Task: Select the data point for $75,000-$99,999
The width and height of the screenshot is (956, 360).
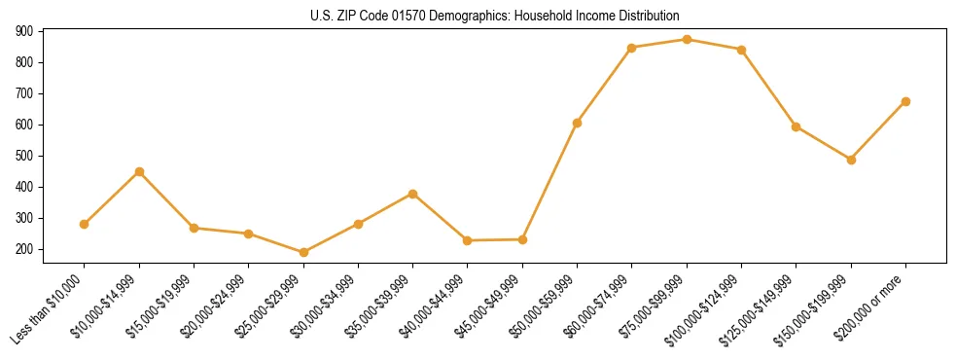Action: [x=687, y=40]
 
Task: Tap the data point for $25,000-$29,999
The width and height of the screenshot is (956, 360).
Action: [x=303, y=252]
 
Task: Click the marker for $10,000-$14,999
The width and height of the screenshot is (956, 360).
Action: [x=139, y=171]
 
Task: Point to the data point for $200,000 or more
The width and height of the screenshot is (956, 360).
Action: [x=905, y=101]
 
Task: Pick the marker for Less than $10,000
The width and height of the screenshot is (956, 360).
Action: [x=85, y=224]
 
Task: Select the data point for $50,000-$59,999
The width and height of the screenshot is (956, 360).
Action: [x=577, y=123]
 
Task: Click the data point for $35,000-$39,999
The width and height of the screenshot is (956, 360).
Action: [x=412, y=194]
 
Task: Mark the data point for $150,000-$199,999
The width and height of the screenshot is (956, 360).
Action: [x=851, y=160]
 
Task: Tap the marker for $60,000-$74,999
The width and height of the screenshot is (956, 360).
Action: [x=632, y=48]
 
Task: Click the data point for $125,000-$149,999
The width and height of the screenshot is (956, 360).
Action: [x=797, y=126]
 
